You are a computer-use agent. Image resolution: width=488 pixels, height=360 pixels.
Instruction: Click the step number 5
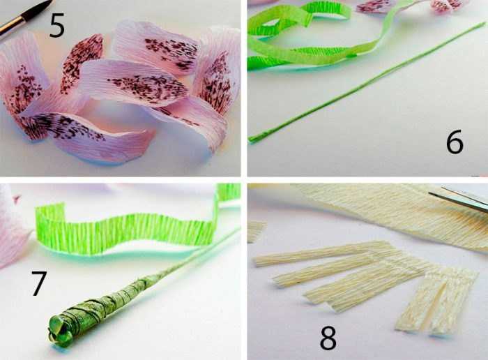[x=57, y=26]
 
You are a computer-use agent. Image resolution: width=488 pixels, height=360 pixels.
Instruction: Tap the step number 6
[x=455, y=142]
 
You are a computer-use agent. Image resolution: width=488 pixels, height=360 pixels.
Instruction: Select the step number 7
[x=39, y=283]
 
